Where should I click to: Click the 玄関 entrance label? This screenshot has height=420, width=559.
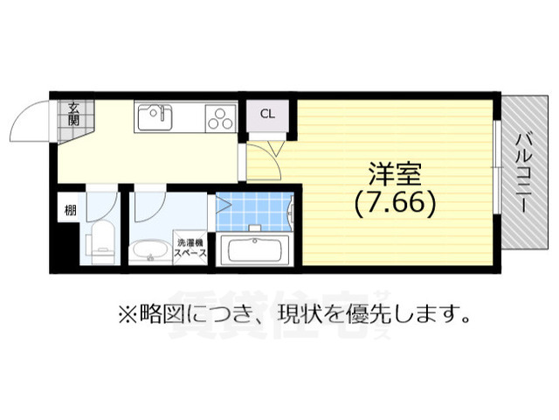[x=74, y=114]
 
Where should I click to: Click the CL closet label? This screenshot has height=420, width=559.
[x=267, y=114]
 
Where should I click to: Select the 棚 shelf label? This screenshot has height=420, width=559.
[x=68, y=210]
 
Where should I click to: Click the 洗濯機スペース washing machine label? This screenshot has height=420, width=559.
[x=190, y=248]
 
